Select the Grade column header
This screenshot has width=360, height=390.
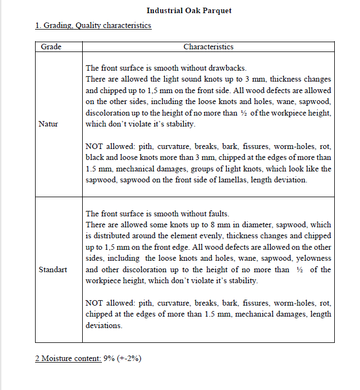51,47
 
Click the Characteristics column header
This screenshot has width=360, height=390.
208,47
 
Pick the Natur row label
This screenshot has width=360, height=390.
48,124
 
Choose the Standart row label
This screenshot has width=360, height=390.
53,269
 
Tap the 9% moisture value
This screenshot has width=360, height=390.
109,358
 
